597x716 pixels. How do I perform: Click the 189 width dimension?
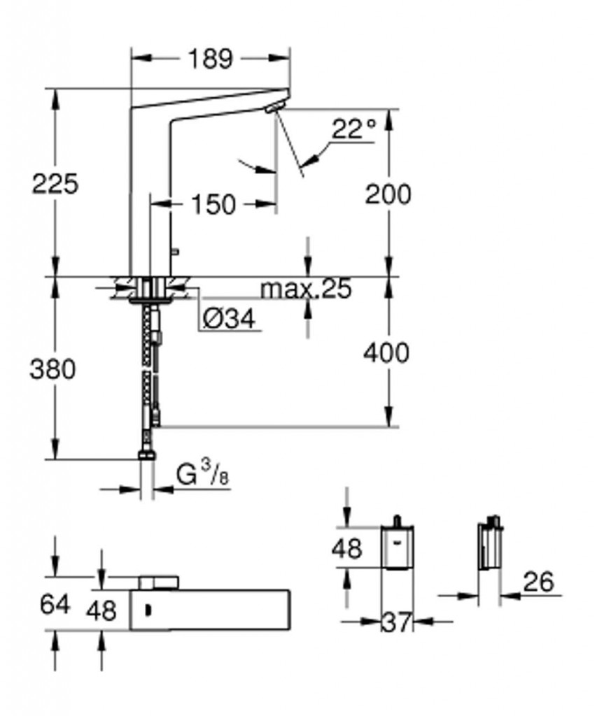pos(210,59)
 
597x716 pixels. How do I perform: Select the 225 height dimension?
pos(55,184)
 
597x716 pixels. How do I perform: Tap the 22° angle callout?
pos(353,129)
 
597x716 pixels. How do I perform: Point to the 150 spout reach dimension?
pos(213,204)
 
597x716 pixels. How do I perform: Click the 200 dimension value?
pos(388,194)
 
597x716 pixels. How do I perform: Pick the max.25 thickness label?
pos(306,289)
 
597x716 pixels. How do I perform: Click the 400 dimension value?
pos(386,353)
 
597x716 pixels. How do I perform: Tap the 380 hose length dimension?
pos(52,369)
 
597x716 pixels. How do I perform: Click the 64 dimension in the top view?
pos(55,605)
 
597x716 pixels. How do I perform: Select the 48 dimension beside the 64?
pos(101,610)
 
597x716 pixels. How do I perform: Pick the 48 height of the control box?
pos(347,548)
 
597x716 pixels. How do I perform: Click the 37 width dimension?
pos(397,622)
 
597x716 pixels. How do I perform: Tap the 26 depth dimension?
pos(538,581)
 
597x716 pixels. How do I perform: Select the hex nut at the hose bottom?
pos(147,454)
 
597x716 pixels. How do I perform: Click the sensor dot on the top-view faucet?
pos(148,609)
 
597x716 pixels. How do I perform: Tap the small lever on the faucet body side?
pos(175,251)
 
